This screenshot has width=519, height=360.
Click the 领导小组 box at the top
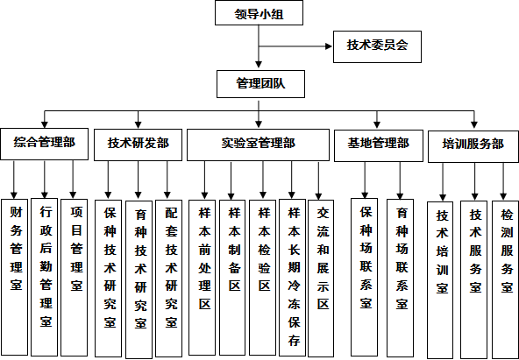tap(259, 13)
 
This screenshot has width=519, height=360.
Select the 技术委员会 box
tap(377, 46)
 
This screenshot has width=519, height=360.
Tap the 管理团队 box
tap(261, 84)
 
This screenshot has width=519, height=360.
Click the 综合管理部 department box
tap(45, 145)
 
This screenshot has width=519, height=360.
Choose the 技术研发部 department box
tap(138, 145)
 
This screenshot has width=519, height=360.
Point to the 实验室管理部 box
tap(258, 145)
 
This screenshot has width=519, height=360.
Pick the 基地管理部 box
tap(379, 145)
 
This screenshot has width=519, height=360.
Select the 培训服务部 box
tap(473, 146)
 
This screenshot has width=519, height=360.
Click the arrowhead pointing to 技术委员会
tap(329, 46)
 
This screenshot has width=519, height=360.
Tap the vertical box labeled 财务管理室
tap(15, 278)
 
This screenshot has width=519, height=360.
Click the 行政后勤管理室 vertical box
tap(45, 277)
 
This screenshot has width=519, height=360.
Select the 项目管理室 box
tap(75, 278)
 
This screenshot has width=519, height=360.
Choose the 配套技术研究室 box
tap(169, 279)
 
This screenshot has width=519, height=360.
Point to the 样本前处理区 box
tap(202, 278)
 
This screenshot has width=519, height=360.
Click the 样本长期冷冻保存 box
tap(292, 278)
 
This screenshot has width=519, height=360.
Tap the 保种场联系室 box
tap(364, 278)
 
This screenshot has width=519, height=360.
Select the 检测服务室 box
tap(506, 279)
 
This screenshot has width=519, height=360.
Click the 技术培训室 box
tap(440, 280)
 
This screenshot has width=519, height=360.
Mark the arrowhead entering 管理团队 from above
tap(259, 65)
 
